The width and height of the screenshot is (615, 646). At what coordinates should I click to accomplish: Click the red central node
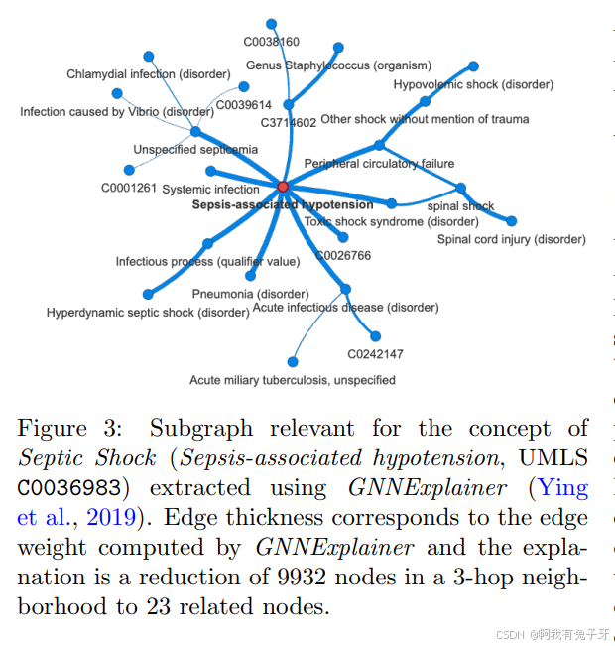click(x=283, y=187)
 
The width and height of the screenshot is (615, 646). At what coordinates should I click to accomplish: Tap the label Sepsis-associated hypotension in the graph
click(x=283, y=205)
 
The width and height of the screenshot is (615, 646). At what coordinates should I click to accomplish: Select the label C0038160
click(x=272, y=42)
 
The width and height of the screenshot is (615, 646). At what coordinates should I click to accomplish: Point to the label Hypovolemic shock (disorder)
click(x=473, y=85)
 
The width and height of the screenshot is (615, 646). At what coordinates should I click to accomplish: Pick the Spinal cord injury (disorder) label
click(x=512, y=239)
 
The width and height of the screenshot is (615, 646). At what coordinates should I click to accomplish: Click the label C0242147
click(x=375, y=353)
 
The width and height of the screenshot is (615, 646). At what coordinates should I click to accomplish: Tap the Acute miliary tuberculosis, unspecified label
click(x=293, y=380)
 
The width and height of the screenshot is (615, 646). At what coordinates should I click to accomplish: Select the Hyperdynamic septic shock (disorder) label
click(x=148, y=313)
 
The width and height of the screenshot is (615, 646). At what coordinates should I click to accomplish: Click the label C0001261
click(x=129, y=187)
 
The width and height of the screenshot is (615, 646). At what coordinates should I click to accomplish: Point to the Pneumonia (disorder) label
click(x=250, y=295)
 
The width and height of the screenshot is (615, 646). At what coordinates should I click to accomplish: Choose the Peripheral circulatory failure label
click(x=379, y=164)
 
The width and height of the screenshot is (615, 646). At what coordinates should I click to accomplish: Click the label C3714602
click(x=289, y=123)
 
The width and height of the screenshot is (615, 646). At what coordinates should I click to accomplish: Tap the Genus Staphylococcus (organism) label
click(x=338, y=65)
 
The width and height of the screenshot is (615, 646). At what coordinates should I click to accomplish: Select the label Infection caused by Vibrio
click(x=116, y=112)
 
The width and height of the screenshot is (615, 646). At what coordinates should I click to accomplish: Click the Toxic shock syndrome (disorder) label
click(x=378, y=221)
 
